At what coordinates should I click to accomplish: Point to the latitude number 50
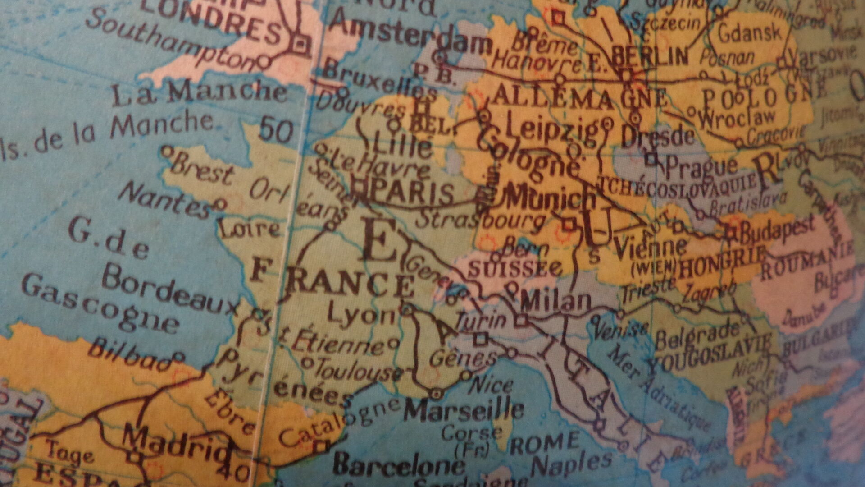(276, 131)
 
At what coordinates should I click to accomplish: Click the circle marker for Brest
(166, 151)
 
